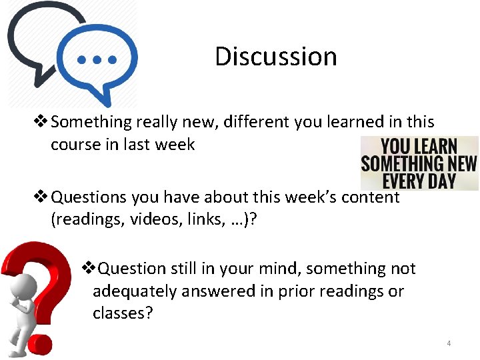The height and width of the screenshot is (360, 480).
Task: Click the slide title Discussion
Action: pyautogui.click(x=275, y=56)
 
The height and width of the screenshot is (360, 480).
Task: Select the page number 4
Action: pyautogui.click(x=449, y=343)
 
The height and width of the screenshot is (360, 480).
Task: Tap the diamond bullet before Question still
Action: pyautogui.click(x=88, y=269)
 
